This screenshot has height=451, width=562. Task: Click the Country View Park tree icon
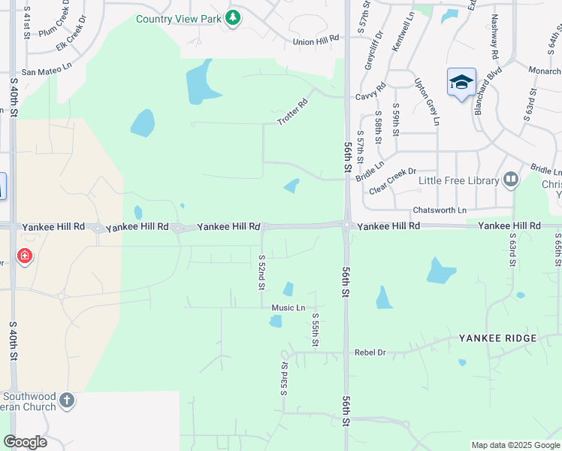[x=233, y=17]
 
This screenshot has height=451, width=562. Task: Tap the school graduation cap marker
[x=461, y=82]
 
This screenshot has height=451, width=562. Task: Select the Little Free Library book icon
[x=511, y=180]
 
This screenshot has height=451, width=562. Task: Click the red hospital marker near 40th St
[x=25, y=257]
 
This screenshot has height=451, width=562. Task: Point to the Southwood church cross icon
[x=67, y=400]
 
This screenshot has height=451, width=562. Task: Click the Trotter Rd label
[x=293, y=112]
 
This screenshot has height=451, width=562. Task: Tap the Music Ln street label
[x=289, y=307]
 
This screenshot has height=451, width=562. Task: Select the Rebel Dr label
[x=370, y=352]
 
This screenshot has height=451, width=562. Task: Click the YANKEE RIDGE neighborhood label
[x=498, y=338]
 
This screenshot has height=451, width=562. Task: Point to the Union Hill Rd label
[x=311, y=42]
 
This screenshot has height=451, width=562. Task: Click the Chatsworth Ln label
[x=440, y=210]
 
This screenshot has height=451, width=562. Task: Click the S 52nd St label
[x=261, y=272]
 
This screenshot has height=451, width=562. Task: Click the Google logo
[x=25, y=442]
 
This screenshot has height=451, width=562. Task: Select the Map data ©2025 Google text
[x=515, y=445]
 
